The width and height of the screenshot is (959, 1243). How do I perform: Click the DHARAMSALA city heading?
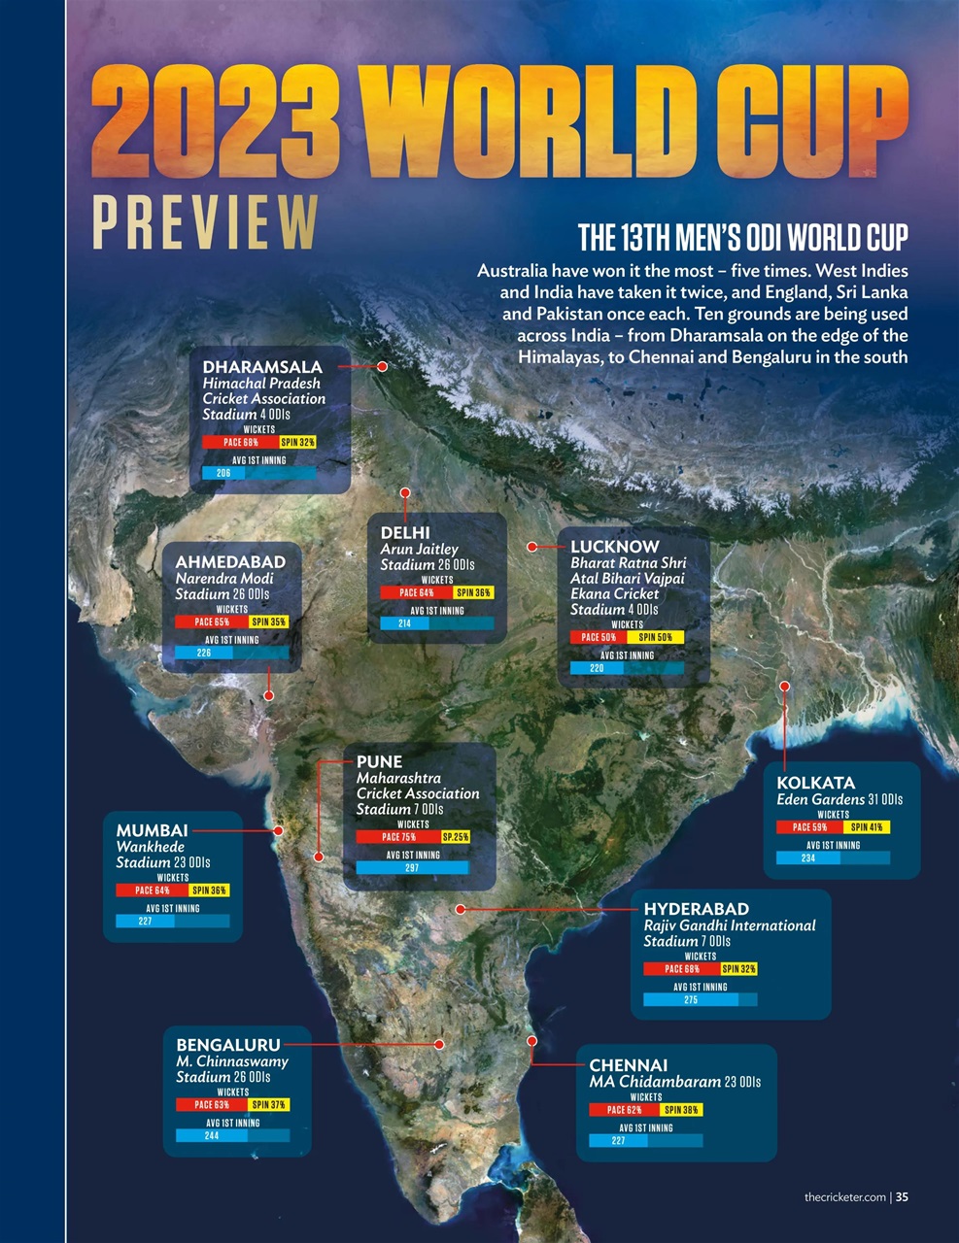[x=261, y=367]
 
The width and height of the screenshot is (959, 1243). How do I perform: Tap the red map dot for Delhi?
[x=405, y=492]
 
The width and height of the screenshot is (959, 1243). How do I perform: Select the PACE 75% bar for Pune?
[x=397, y=836]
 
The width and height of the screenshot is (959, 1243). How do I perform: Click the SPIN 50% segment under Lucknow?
[x=656, y=637]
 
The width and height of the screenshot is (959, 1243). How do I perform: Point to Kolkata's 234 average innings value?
[x=808, y=858]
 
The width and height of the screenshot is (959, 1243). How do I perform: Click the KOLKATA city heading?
[x=815, y=783]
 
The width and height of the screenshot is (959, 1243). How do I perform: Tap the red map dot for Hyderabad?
[x=461, y=909]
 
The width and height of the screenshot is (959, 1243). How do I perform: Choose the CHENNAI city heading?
[x=628, y=1065]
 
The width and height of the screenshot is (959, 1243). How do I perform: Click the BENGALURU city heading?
[x=227, y=1045]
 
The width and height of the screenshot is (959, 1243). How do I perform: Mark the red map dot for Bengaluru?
[x=439, y=1044]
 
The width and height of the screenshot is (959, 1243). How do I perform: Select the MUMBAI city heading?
[x=152, y=830]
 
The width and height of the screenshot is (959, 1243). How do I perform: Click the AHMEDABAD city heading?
[x=230, y=562]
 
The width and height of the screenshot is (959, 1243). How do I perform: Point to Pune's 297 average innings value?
[x=412, y=868]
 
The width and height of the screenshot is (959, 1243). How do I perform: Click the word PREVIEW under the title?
[x=205, y=222]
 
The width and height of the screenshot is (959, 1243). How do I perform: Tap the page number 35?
[x=902, y=1196]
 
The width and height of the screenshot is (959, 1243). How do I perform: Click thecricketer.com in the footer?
[x=844, y=1196]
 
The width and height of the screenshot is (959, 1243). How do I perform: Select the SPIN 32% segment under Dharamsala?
[x=298, y=442]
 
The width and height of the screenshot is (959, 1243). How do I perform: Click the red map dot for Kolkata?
[x=784, y=687]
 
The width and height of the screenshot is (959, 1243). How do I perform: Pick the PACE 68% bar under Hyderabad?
[x=681, y=969]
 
